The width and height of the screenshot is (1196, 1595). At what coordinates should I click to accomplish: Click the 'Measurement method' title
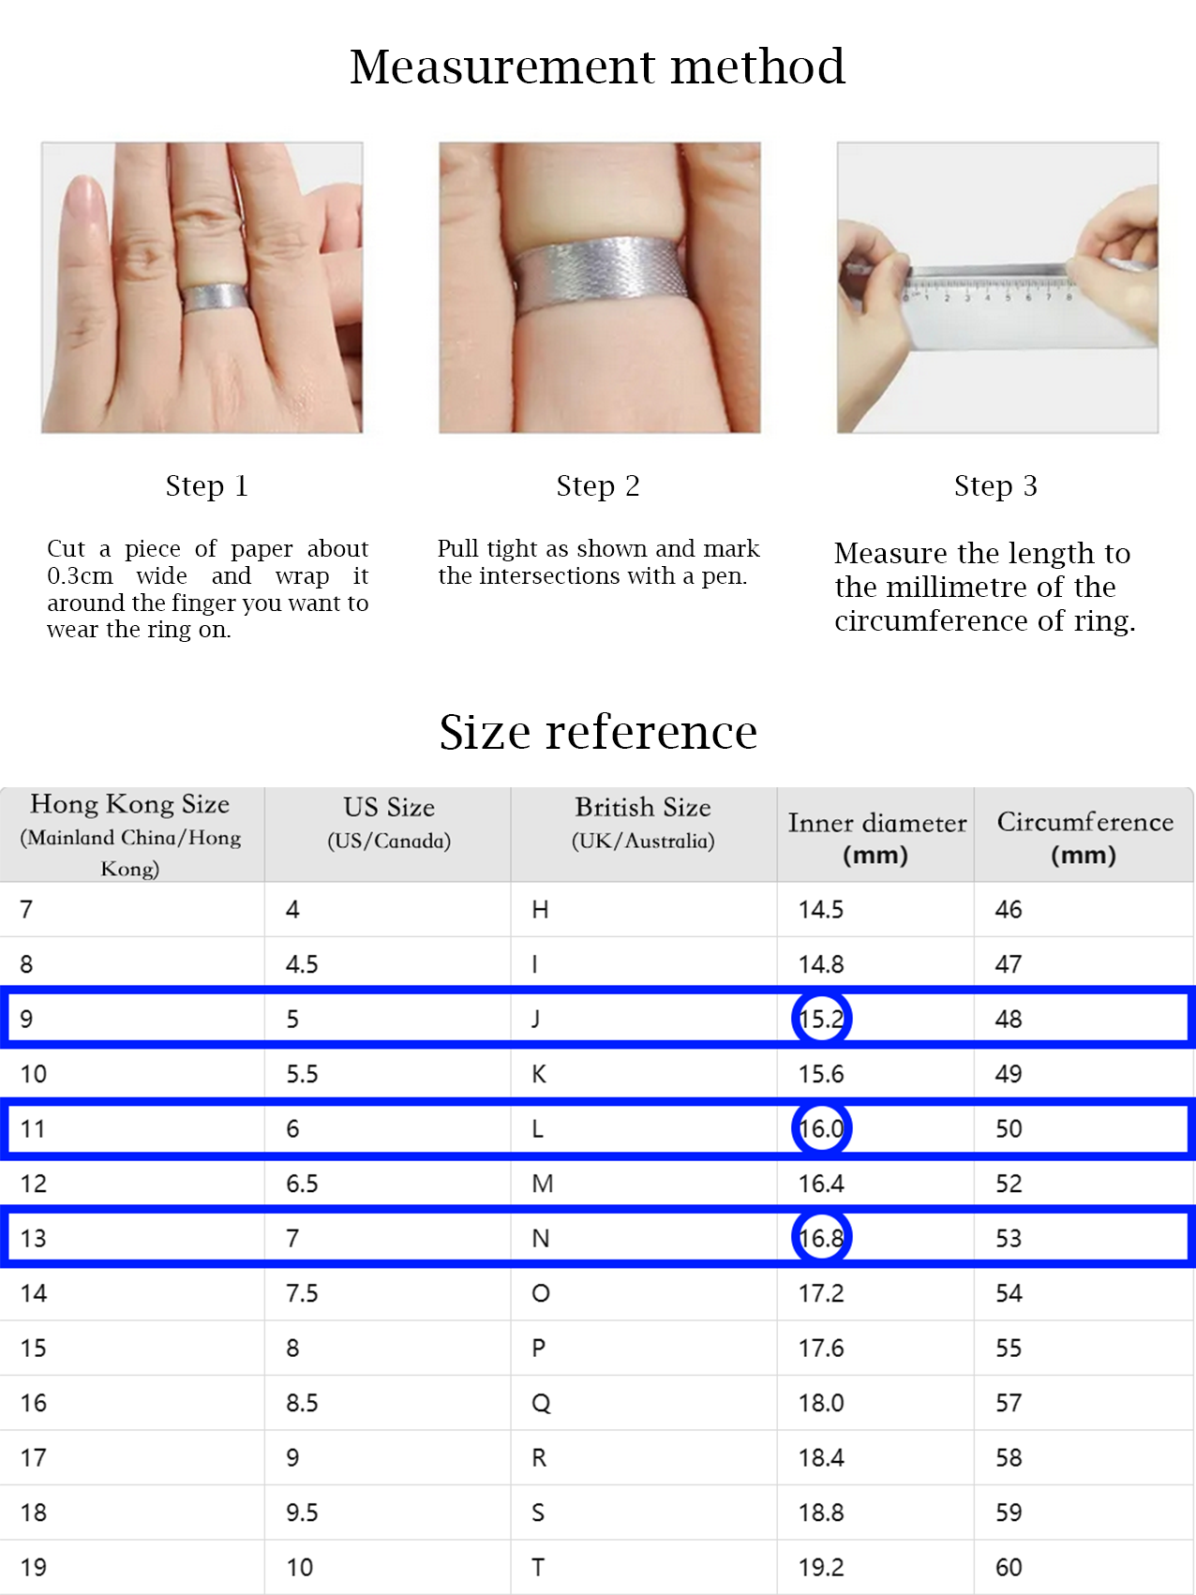coord(597,67)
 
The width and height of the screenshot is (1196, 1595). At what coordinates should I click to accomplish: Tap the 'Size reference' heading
coord(598,732)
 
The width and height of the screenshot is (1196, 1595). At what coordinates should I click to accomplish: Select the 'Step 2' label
coord(597,485)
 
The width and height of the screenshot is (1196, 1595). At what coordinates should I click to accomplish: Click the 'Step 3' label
coord(995,485)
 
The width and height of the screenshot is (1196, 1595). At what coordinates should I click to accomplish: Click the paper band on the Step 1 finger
coord(215,299)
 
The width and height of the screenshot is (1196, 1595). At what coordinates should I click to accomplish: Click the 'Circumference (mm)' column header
coord(1084,836)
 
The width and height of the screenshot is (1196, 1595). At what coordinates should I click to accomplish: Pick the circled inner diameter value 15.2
coord(822,1019)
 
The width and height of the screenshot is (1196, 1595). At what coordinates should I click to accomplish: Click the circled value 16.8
coord(822,1238)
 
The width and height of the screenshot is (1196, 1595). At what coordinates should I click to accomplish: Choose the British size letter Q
coord(541,1403)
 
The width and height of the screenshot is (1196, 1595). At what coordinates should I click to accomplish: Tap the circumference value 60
coord(1009,1567)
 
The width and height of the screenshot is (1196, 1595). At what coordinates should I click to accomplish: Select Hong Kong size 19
coord(34,1567)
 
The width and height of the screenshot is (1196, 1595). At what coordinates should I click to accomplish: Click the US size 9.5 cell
coord(302,1513)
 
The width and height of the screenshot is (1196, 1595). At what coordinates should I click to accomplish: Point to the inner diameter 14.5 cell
coord(821,909)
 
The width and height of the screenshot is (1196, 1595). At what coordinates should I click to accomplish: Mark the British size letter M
coord(542,1184)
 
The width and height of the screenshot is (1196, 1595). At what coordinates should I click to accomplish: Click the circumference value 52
coord(1009,1184)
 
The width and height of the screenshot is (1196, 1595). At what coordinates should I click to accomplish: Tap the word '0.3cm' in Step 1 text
coord(80,575)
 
